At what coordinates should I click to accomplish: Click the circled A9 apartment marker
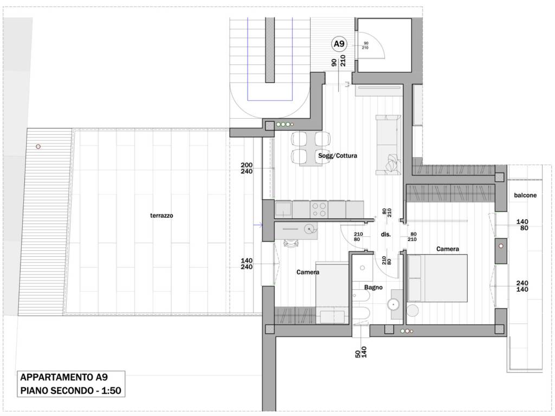click(339, 44)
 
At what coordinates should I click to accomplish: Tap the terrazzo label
click(162, 216)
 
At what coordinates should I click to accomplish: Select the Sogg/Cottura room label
click(337, 155)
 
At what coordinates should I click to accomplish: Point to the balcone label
click(525, 195)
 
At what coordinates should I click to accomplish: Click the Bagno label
click(373, 287)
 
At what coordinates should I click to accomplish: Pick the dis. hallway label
click(385, 234)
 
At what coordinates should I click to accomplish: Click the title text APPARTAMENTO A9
click(64, 377)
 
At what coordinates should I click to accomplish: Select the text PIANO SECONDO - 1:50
click(71, 391)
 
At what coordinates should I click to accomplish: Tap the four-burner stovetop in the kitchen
click(319, 210)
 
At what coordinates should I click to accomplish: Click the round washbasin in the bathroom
click(393, 304)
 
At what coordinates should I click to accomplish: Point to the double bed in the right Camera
click(437, 278)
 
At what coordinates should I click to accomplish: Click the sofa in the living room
click(388, 145)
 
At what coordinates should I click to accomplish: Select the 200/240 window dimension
click(247, 168)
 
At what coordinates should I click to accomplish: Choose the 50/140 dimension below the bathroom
click(360, 352)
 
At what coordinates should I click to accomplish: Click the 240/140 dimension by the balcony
click(522, 286)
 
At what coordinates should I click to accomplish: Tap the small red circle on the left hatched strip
click(38, 146)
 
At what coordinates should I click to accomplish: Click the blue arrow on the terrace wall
click(257, 225)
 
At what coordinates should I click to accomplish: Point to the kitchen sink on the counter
click(283, 209)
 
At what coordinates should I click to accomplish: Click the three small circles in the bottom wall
click(406, 331)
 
